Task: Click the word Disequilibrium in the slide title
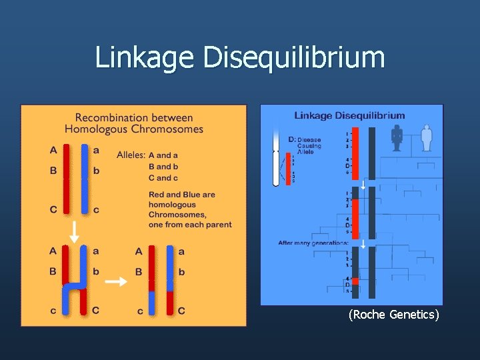[x=294, y=57]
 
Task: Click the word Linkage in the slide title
[x=145, y=57]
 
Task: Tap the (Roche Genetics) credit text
[x=394, y=315]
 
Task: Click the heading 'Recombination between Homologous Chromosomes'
[x=134, y=123]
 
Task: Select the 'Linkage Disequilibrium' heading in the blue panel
[x=349, y=115]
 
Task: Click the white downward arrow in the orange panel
[x=74, y=231]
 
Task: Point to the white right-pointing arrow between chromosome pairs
[x=116, y=281]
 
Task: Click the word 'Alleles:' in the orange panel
[x=131, y=155]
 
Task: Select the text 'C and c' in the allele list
[x=163, y=177]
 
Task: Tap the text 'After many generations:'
[x=313, y=243]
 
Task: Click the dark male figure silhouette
[x=397, y=137]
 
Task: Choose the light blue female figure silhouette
[x=427, y=137]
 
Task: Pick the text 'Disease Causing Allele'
[x=309, y=146]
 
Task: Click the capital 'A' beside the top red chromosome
[x=53, y=149]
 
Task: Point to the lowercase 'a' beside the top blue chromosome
[x=96, y=149]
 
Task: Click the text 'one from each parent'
[x=190, y=225]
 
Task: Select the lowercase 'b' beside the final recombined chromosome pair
[x=181, y=272]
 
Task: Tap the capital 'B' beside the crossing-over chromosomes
[x=53, y=271]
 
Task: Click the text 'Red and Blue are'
[x=181, y=195]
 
